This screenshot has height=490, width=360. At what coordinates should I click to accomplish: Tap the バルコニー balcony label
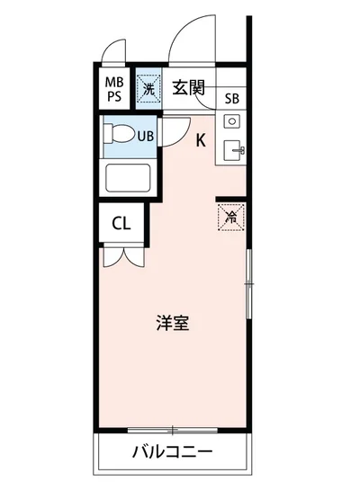coord(172,452)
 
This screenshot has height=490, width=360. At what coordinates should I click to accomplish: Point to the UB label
coord(143,136)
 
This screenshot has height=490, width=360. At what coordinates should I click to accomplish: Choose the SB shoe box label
coord(232,100)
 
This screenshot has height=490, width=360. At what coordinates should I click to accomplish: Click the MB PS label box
coord(115,87)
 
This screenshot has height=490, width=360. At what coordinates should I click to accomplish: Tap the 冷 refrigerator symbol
coord(230,216)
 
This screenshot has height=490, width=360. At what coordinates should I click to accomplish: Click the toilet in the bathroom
coord(117,136)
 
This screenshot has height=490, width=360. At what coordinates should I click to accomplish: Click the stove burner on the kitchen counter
coord(229,121)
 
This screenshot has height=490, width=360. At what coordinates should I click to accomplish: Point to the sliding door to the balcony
coord(172,429)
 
